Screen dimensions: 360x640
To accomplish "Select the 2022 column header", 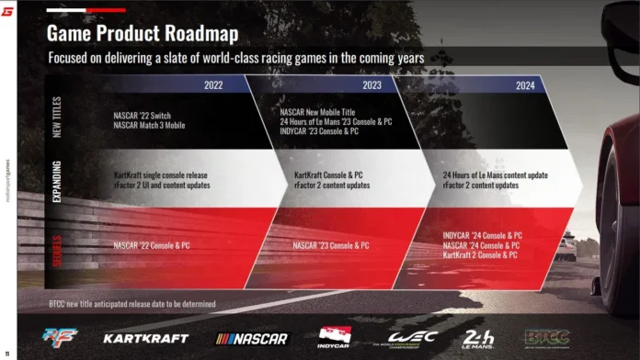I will (x=212, y=84).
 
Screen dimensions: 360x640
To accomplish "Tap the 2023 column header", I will (x=372, y=84).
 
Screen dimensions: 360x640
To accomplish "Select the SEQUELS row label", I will (x=57, y=246).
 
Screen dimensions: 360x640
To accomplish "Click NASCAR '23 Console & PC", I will (x=331, y=246).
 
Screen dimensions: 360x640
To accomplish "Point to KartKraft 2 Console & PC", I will (x=479, y=255).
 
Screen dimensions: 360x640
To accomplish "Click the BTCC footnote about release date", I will (x=132, y=303).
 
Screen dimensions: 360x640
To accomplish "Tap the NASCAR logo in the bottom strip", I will (x=252, y=338).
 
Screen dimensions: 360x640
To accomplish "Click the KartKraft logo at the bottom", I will (x=144, y=338).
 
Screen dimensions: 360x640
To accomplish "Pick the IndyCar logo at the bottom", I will (x=335, y=337).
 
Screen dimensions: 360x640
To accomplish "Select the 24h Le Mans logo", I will (x=478, y=337).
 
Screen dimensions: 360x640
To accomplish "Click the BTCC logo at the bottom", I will (x=546, y=337).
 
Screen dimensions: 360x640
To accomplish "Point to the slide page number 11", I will (x=7, y=354).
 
